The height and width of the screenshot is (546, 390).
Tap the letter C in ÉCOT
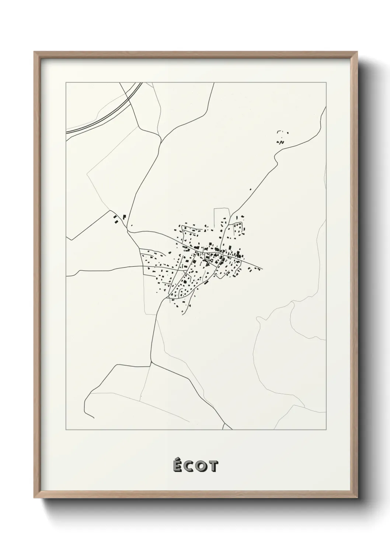[x=189, y=467]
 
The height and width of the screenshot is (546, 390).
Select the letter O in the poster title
[x=201, y=467]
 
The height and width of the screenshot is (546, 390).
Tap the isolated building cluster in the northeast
[x=282, y=138]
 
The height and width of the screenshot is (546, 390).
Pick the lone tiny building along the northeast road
[x=251, y=190]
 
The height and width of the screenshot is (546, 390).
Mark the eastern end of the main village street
[x=262, y=268]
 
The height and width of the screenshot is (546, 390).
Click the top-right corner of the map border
[x=326, y=83]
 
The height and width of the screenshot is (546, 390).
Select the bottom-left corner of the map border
[x=66, y=430]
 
